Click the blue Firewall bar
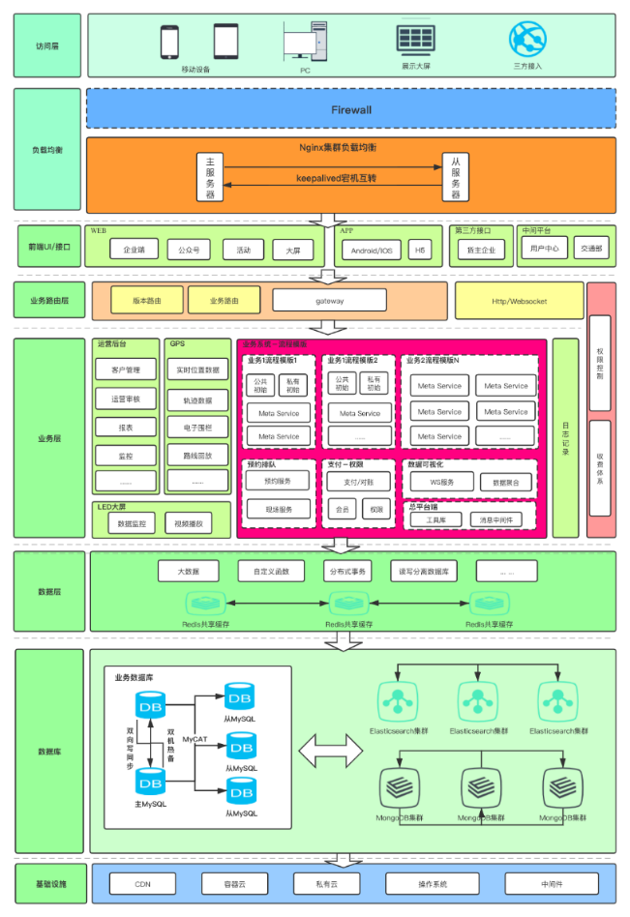(350, 109)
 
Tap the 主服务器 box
(210, 176)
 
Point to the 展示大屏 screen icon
(415, 40)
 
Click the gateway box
(329, 301)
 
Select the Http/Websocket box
(519, 301)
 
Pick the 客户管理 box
(126, 370)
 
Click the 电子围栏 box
(197, 426)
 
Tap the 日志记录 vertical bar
(566, 437)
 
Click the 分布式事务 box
(346, 572)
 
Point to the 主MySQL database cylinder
(150, 781)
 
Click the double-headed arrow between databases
(329, 751)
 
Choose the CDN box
(142, 883)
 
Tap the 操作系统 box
(433, 883)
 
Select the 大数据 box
(187, 572)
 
